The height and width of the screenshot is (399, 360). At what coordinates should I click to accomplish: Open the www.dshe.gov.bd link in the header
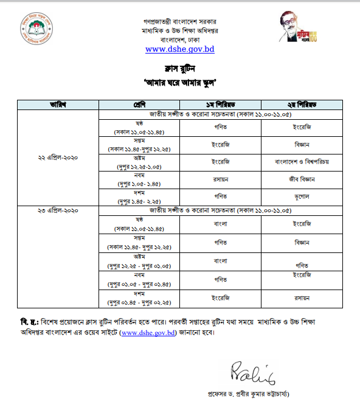179,49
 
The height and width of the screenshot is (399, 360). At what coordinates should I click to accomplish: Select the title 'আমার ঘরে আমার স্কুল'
179,81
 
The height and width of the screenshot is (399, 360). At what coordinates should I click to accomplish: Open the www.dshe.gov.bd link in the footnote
148,333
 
